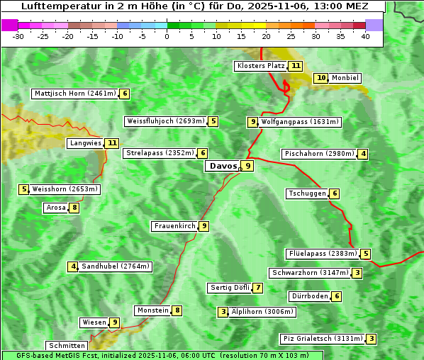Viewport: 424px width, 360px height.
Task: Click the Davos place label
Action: click(223, 167)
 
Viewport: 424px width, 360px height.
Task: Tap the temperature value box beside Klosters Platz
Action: click(296, 67)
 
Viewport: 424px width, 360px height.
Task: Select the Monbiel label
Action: click(345, 78)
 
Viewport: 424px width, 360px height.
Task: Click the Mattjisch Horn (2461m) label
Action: click(74, 94)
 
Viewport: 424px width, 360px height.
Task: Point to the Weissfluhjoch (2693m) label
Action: click(166, 122)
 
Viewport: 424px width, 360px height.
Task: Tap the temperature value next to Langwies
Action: click(113, 143)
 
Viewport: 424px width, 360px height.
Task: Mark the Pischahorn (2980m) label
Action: click(318, 154)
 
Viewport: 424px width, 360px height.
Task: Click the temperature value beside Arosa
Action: click(74, 208)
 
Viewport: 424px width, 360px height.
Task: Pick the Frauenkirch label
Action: click(174, 226)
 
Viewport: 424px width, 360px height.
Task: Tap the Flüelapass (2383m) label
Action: click(322, 254)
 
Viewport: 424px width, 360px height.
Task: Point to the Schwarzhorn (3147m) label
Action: click(311, 273)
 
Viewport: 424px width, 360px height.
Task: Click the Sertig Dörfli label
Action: click(230, 288)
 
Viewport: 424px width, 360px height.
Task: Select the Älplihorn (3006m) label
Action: click(262, 312)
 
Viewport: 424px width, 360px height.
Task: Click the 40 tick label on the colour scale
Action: click(364, 36)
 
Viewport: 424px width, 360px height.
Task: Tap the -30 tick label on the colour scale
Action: click(18, 36)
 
